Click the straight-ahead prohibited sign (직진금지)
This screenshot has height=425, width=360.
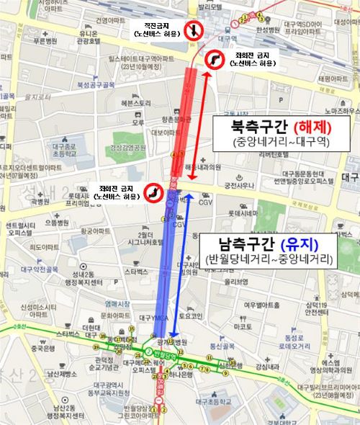[194, 30]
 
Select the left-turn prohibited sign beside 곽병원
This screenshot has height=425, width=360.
[153, 192]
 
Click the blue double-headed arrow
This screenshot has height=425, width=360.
[180, 263]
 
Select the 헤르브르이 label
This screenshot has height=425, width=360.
[133, 103]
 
